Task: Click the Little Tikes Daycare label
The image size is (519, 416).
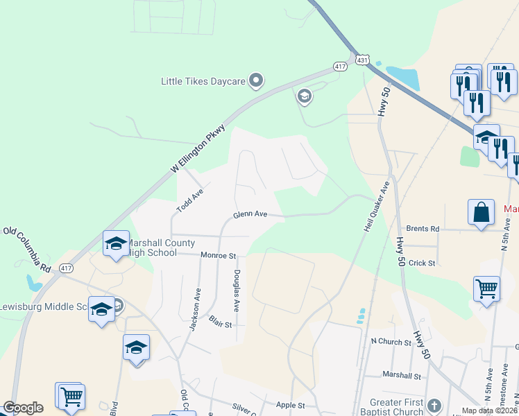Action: [203, 82]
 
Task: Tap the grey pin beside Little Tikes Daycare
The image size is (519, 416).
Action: [256, 81]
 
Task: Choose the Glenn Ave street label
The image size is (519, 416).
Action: [250, 215]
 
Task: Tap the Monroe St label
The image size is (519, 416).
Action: [219, 255]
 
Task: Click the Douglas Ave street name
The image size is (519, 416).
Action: [237, 290]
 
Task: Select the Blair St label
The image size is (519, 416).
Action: [219, 322]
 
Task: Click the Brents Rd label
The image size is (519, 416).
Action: [423, 228]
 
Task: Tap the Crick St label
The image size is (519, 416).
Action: [422, 263]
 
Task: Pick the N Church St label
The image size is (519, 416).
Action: [391, 341]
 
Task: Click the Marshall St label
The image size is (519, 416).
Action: [402, 375]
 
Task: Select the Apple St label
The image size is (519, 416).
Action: [291, 405]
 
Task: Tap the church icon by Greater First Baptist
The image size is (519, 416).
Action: [434, 406]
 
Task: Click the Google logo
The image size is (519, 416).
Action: [23, 408]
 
